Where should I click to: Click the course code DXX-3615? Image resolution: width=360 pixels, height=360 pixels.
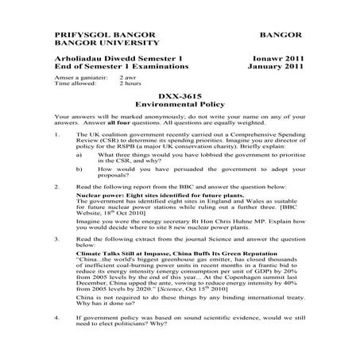pos(177,95)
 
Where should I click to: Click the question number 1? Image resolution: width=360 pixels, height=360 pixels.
pos(57,137)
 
